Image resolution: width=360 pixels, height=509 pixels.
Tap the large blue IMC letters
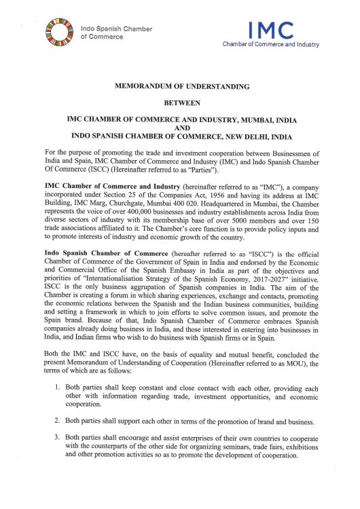pyautogui.click(x=271, y=30)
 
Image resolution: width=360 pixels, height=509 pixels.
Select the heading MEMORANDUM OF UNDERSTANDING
pyautogui.click(x=180, y=86)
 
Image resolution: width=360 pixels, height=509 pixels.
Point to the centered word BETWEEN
pyautogui.click(x=180, y=102)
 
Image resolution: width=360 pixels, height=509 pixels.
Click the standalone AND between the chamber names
pyautogui.click(x=180, y=126)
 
